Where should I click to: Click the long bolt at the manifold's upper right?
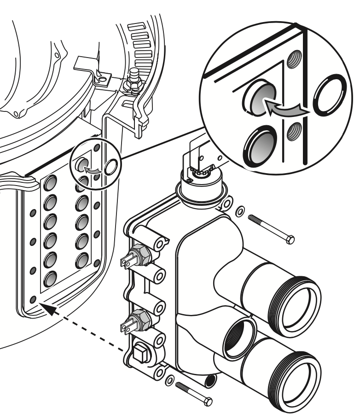coord(271,228)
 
